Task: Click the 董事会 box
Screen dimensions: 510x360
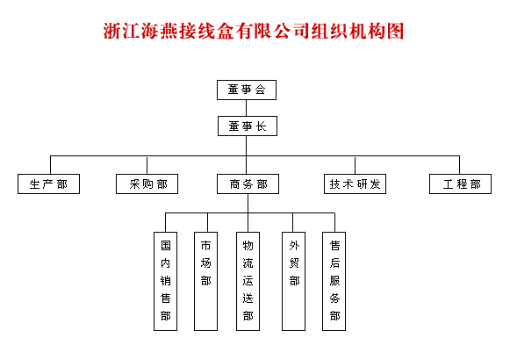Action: coord(247,90)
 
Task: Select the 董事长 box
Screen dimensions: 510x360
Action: coord(248,126)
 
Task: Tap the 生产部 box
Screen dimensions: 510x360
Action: coord(49,184)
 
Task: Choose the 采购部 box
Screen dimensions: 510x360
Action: coord(147,184)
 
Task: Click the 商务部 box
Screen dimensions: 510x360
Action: coord(248,184)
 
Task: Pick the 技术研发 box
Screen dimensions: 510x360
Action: coord(355,184)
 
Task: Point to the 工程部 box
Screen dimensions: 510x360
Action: coord(460,184)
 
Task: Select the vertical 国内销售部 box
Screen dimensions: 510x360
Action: coord(166,281)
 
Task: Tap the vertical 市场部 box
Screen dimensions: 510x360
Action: coord(206,281)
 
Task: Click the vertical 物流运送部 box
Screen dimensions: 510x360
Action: coord(248,281)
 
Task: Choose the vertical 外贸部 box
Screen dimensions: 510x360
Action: coord(294,281)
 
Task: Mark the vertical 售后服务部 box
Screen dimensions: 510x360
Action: coord(334,281)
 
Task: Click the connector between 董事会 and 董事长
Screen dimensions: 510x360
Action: coord(246,108)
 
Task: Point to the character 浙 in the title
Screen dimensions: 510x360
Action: coord(112,32)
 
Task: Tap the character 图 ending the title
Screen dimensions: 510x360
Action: coord(395,32)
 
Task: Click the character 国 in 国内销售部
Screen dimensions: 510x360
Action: coord(166,246)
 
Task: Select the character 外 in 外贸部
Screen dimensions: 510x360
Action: coord(294,246)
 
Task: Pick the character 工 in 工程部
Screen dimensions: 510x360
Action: coord(449,184)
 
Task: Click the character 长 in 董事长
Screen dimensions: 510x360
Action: coord(262,126)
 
